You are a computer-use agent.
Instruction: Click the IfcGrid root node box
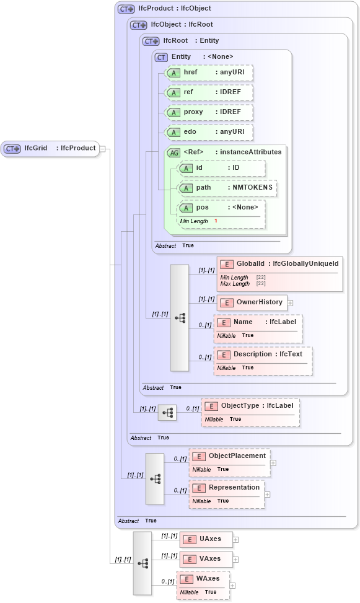click(x=50, y=149)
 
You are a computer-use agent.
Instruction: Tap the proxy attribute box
click(x=209, y=112)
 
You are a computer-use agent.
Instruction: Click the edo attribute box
click(x=209, y=132)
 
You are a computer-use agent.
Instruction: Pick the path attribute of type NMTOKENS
click(x=227, y=188)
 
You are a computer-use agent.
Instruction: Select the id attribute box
click(x=221, y=168)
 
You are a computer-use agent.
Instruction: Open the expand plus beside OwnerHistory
click(x=290, y=303)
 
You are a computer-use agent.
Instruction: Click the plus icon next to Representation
click(x=268, y=494)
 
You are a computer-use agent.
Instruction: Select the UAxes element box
click(x=206, y=539)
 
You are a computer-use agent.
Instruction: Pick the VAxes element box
click(x=206, y=559)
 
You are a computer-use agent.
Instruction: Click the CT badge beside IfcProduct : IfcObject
click(x=126, y=9)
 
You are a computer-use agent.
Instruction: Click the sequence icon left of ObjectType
click(x=167, y=412)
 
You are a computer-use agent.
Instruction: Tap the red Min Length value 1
click(x=216, y=221)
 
